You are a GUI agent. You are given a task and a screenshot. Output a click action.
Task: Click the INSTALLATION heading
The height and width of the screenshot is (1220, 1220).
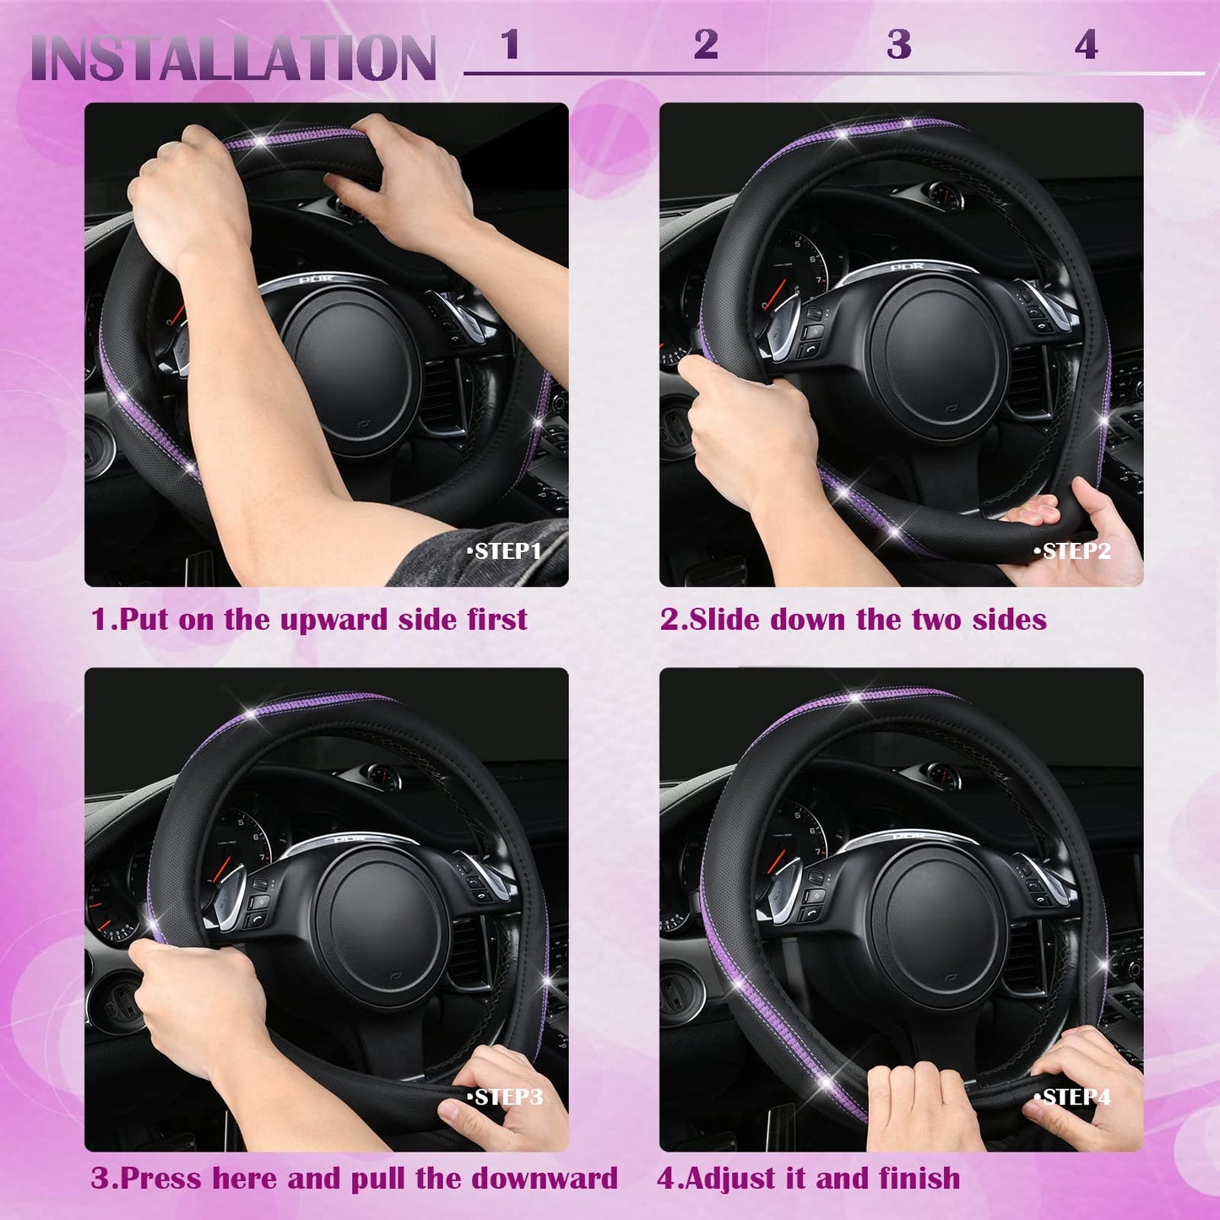click(x=233, y=58)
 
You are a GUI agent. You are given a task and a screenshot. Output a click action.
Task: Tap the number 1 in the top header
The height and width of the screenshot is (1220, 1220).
click(x=509, y=45)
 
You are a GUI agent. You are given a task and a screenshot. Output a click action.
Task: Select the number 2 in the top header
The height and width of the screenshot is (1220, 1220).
click(x=706, y=45)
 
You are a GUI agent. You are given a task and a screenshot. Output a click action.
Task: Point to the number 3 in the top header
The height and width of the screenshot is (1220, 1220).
click(x=899, y=45)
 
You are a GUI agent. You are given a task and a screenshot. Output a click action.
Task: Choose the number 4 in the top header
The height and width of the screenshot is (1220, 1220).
click(x=1086, y=45)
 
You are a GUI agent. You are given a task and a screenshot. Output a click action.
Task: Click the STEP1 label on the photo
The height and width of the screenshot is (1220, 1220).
click(x=505, y=551)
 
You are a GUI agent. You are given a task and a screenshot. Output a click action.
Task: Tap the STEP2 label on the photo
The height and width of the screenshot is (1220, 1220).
click(x=1073, y=551)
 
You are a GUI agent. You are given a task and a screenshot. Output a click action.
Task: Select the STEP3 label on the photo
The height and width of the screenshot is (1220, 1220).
click(x=505, y=1097)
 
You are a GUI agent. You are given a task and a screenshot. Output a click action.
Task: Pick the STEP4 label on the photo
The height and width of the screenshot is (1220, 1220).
click(x=1073, y=1097)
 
